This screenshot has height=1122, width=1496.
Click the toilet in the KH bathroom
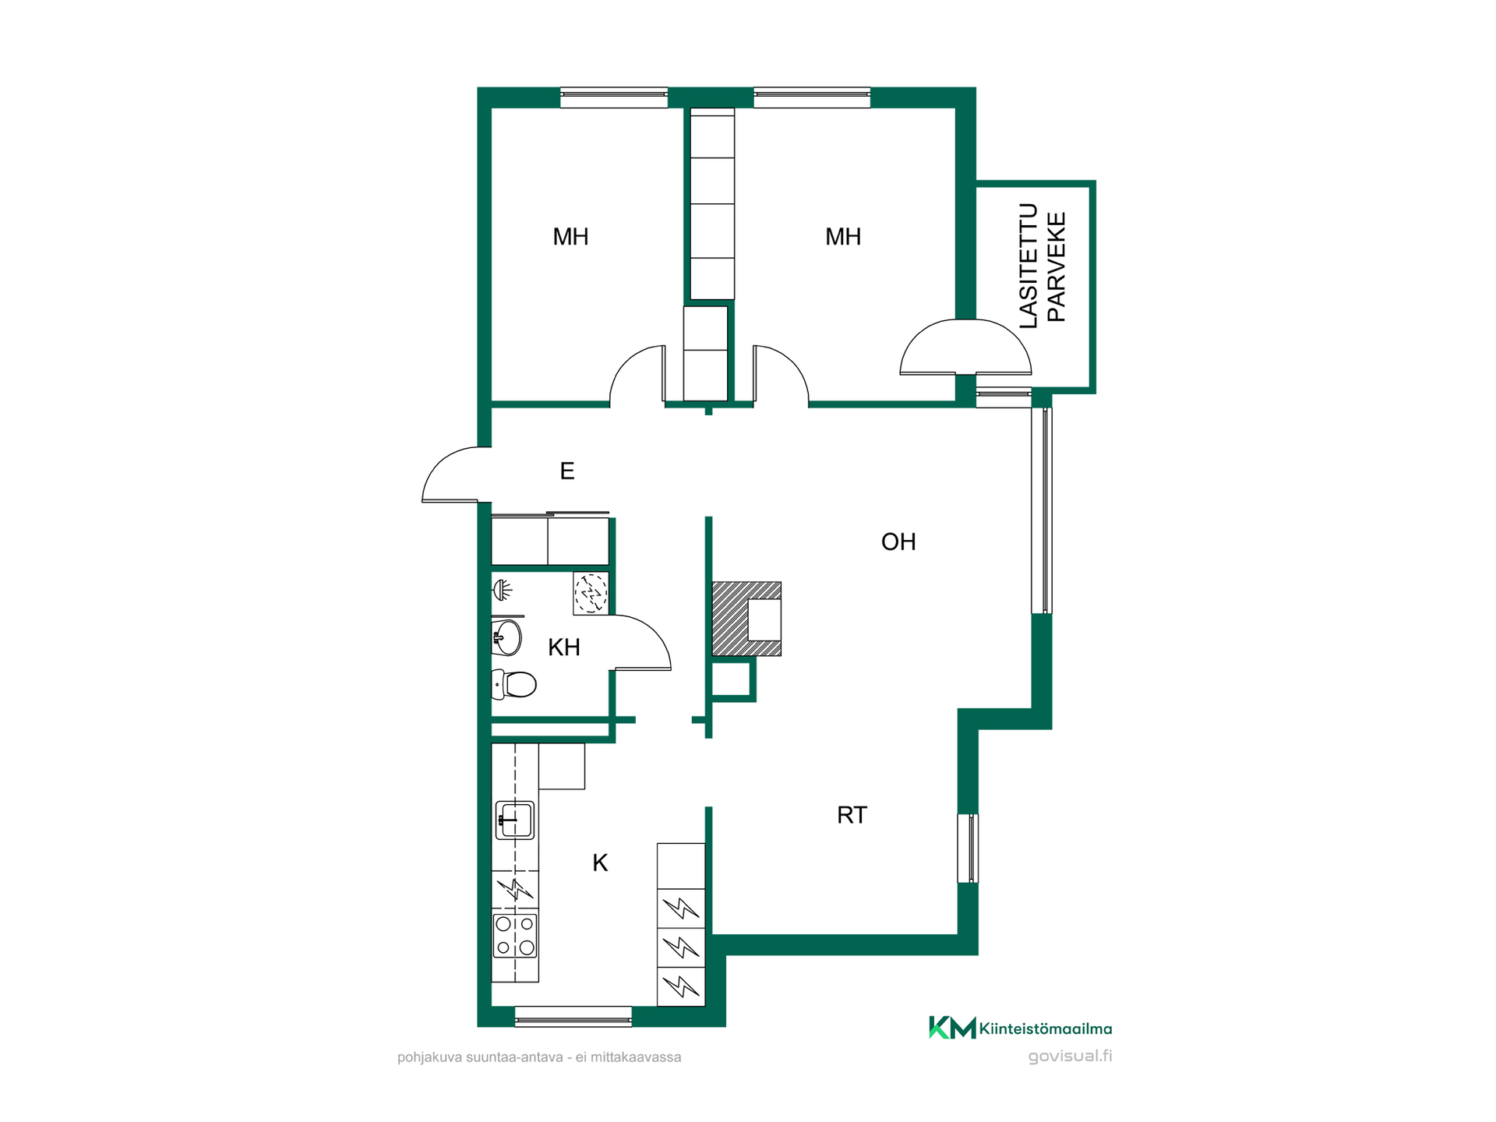pyautogui.click(x=513, y=684)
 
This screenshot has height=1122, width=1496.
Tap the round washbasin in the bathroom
pyautogui.click(x=506, y=638)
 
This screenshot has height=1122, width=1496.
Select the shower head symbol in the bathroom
pyautogui.click(x=503, y=590)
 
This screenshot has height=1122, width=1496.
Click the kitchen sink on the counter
pyautogui.click(x=515, y=820)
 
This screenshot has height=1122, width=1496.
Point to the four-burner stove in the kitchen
pyautogui.click(x=515, y=936)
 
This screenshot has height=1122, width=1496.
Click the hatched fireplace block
pyautogui.click(x=746, y=619)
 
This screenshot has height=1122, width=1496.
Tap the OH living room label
pyautogui.click(x=898, y=542)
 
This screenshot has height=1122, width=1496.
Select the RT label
pyautogui.click(x=852, y=815)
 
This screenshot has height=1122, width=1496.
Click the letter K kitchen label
pyautogui.click(x=600, y=863)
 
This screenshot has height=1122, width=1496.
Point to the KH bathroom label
pyautogui.click(x=564, y=647)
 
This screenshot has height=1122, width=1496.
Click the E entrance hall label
pyautogui.click(x=567, y=471)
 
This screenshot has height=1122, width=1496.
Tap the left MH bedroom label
pyautogui.click(x=570, y=237)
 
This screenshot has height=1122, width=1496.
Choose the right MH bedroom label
pyautogui.click(x=843, y=237)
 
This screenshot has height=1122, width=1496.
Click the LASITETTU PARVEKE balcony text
pyautogui.click(x=1043, y=266)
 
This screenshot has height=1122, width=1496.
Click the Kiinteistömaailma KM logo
pyautogui.click(x=1021, y=1028)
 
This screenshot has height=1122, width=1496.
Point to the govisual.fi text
pyautogui.click(x=1070, y=1057)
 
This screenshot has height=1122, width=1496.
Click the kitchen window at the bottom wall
pyautogui.click(x=573, y=1016)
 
